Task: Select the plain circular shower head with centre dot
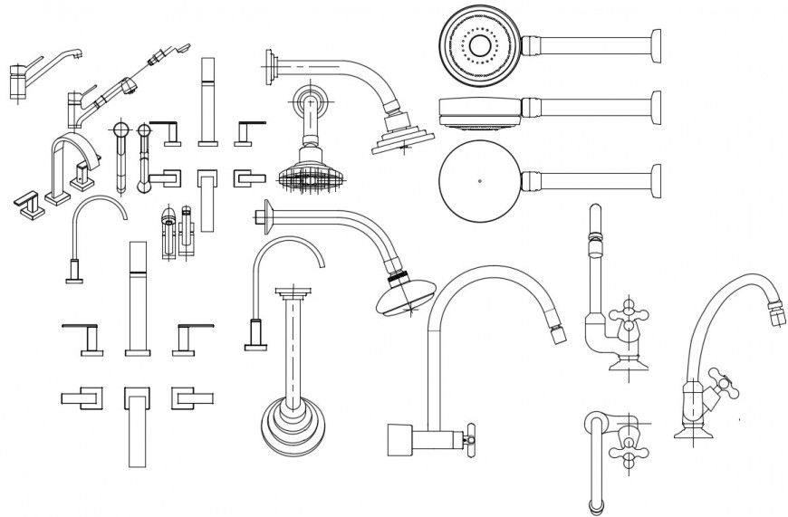tap(479, 179)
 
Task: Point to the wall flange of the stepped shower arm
tap(271, 68)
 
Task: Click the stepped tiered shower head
tap(398, 132)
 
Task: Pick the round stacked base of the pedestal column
tap(293, 423)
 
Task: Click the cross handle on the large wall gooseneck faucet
tap(468, 440)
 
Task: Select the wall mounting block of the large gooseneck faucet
tap(400, 440)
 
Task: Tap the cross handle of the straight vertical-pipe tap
tap(623, 321)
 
